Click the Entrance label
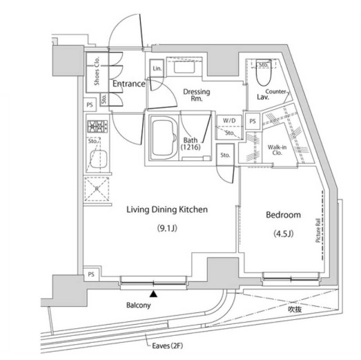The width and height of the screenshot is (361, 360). [128, 84]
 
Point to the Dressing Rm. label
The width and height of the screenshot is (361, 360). [197, 96]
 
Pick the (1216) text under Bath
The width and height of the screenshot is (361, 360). [191, 147]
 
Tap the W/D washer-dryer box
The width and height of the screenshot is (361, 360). [228, 122]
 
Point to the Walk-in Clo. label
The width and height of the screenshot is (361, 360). [279, 151]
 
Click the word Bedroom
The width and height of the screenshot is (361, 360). [283, 215]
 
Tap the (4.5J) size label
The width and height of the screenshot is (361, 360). [284, 234]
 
